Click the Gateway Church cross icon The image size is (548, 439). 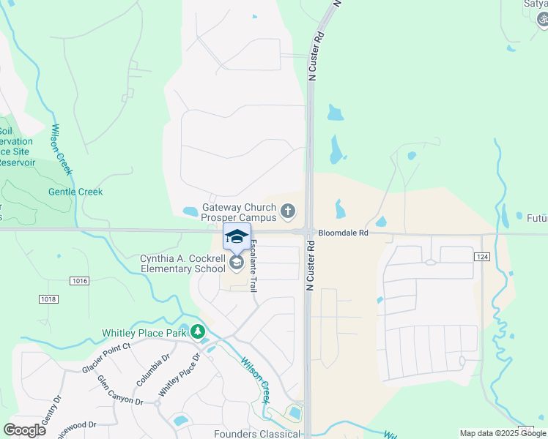tap(288, 212)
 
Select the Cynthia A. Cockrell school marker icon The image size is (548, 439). tap(237, 261)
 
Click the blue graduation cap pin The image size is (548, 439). tap(237, 237)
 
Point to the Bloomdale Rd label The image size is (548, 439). tap(342, 234)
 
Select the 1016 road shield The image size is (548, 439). tap(81, 280)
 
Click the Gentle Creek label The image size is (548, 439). tap(75, 192)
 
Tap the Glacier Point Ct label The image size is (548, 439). tap(106, 358)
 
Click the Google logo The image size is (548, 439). tap(24, 430)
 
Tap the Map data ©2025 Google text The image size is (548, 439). tap(503, 433)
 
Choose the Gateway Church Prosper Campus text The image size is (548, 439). tap(239, 212)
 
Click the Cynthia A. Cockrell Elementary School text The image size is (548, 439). tap(183, 263)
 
